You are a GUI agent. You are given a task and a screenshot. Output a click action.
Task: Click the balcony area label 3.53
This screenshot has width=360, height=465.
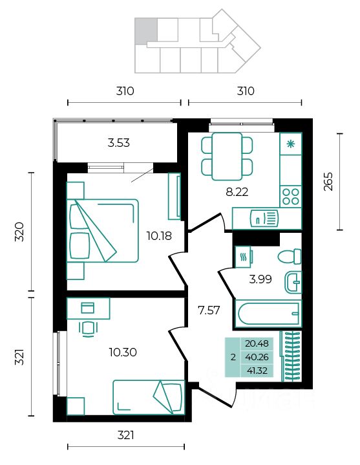tap(118, 143)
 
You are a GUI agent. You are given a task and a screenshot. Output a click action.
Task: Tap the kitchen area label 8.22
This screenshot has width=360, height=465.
tap(237, 192)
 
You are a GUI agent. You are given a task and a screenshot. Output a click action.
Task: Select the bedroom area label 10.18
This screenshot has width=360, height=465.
tap(159, 236)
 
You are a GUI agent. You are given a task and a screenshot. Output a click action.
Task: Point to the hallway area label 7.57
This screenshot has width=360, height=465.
tap(209, 310)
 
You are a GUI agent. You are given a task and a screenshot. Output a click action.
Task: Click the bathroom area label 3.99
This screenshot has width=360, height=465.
tap(260, 279)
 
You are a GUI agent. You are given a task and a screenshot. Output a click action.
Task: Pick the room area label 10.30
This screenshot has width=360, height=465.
tap(123, 352)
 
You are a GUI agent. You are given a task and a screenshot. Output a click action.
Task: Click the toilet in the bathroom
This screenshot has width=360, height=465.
tap(290, 256)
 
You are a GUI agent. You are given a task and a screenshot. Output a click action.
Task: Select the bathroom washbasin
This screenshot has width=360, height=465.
tap(293, 283)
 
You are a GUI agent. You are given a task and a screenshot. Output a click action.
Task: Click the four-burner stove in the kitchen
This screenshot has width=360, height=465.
tap(291, 197)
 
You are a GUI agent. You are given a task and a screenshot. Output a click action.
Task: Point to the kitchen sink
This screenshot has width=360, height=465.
tap(264, 219)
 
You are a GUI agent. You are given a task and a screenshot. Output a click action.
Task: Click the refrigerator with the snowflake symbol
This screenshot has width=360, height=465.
tap(291, 144)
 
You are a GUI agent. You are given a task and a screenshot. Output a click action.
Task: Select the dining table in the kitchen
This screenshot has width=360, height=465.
tap(228, 157)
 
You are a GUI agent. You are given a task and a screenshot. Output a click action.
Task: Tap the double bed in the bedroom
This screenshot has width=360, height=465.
tap(103, 231)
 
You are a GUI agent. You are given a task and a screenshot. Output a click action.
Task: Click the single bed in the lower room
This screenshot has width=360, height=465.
tap(149, 397)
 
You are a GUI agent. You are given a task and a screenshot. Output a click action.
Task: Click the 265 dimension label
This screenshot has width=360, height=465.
tap(328, 182)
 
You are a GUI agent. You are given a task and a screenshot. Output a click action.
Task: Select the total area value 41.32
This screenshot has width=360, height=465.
tap(257, 371)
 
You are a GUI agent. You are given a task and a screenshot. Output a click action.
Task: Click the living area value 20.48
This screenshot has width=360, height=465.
tap(257, 343)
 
